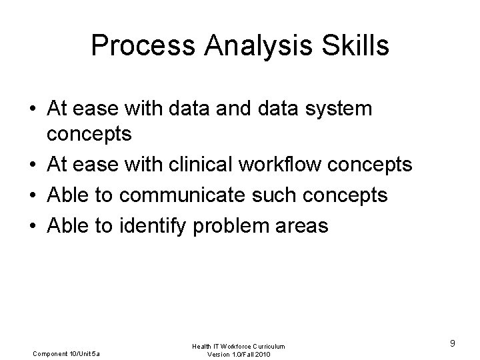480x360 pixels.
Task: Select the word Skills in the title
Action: coord(354,45)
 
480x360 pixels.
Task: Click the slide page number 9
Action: coord(452,343)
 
